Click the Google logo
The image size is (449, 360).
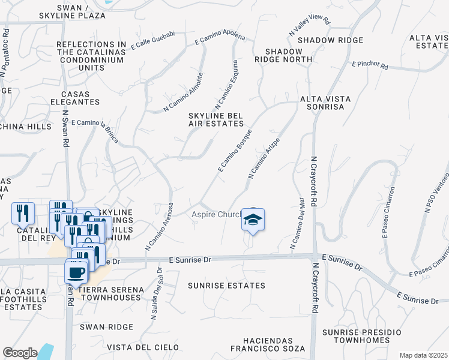pyautogui.click(x=20, y=352)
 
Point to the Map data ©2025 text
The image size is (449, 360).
pyautogui.click(x=423, y=355)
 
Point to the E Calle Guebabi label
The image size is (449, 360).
pyautogui.click(x=152, y=40)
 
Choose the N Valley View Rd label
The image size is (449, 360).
pyautogui.click(x=310, y=25)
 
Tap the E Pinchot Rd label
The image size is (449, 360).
pyautogui.click(x=370, y=64)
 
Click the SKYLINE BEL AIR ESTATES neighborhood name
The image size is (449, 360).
pyautogui.click(x=216, y=119)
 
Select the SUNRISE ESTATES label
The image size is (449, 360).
pyautogui.click(x=226, y=286)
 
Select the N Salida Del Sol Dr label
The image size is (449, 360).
pyautogui.click(x=157, y=294)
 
